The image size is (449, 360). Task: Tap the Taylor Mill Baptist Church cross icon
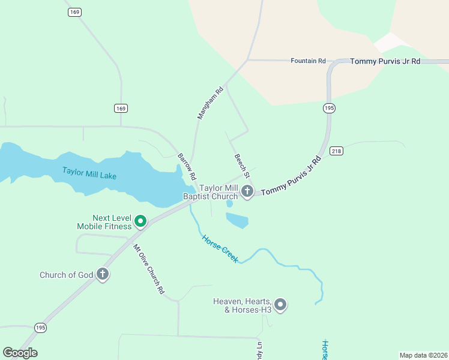coord(247,192)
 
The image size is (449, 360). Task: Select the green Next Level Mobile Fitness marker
coord(140,222)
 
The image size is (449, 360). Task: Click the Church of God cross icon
coord(103,275)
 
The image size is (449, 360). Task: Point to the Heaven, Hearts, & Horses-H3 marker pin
coord(280,305)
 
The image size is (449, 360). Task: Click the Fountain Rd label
coord(307,61)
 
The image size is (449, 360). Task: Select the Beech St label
coord(241,165)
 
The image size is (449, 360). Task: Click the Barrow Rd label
coord(187,167)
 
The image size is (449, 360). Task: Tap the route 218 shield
coord(336,151)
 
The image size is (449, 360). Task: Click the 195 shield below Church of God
coord(40,327)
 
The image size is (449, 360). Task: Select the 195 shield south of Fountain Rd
coord(328,108)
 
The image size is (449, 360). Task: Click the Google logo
coord(20,353)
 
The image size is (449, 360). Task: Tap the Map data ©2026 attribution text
coord(423,355)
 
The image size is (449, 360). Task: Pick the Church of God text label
coord(66,275)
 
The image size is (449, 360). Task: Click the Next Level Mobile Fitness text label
coord(103,222)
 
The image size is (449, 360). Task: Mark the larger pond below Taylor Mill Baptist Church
coord(237,221)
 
